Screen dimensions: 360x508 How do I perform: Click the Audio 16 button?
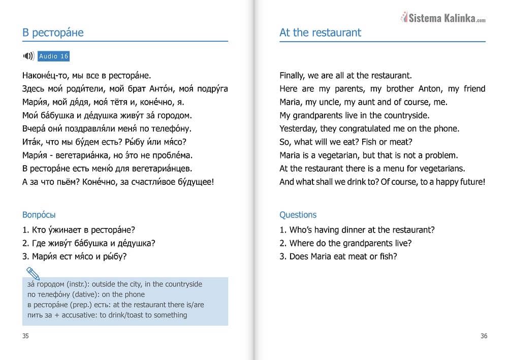click(53, 56)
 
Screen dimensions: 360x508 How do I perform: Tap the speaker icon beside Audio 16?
click(28, 56)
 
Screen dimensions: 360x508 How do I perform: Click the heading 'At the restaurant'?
click(320, 32)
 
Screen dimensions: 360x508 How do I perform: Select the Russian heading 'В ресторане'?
click(53, 33)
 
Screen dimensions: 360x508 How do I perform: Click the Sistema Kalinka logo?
click(443, 18)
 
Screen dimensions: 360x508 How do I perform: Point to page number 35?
click(26, 336)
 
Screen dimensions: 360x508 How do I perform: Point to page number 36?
click(484, 336)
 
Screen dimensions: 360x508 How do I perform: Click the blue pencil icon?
click(33, 274)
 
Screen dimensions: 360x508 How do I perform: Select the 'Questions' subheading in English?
click(298, 215)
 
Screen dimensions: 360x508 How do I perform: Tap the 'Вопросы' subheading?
click(39, 215)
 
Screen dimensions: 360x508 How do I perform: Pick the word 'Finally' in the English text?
click(292, 76)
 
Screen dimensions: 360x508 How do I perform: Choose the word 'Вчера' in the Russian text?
click(34, 128)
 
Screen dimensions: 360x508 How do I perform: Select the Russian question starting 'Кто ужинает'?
click(79, 230)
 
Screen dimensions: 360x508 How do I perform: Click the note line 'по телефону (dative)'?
click(86, 294)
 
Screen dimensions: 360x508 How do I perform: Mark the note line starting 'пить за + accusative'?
click(107, 315)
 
